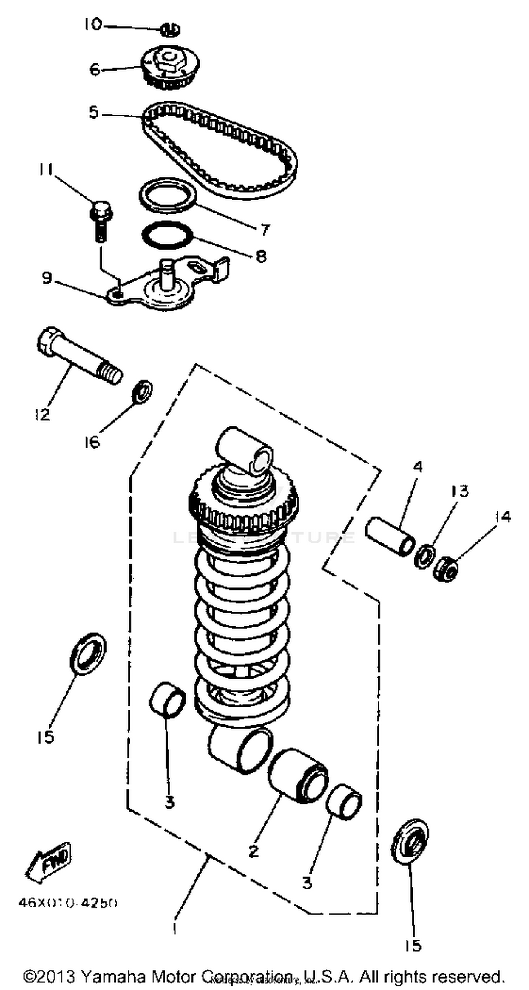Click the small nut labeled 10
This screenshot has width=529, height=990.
(x=170, y=30)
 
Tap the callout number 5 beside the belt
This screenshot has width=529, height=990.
(x=93, y=113)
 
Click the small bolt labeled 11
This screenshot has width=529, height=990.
(x=100, y=221)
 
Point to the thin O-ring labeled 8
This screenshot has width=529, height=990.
(x=167, y=235)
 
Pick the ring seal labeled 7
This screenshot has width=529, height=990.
(x=167, y=195)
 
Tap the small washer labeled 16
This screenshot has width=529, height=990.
(x=142, y=391)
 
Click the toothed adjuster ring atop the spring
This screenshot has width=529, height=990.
(x=244, y=509)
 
